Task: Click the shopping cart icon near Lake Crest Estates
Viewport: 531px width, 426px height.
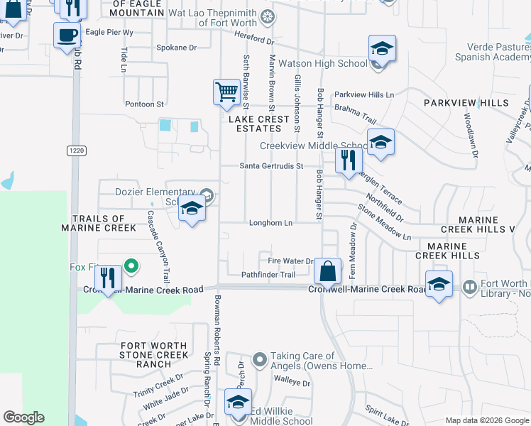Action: (226, 92)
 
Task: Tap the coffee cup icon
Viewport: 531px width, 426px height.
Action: (67, 35)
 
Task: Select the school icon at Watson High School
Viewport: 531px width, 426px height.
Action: (382, 49)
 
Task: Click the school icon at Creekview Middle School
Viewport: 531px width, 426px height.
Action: (381, 141)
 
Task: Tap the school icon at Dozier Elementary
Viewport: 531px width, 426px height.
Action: (192, 209)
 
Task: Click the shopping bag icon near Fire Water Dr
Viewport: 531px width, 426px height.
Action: (327, 271)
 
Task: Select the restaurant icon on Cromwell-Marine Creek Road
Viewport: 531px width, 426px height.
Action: (108, 278)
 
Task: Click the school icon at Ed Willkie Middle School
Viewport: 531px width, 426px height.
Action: (238, 403)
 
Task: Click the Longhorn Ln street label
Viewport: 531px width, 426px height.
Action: (270, 223)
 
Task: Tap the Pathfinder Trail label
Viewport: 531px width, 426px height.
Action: (268, 275)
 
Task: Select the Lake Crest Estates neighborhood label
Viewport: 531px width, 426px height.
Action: (258, 124)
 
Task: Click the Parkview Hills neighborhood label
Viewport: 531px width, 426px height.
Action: (466, 103)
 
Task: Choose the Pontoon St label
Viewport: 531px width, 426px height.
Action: (145, 104)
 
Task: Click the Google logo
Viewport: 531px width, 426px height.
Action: (23, 417)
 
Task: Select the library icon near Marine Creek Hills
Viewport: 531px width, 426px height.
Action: (469, 287)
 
